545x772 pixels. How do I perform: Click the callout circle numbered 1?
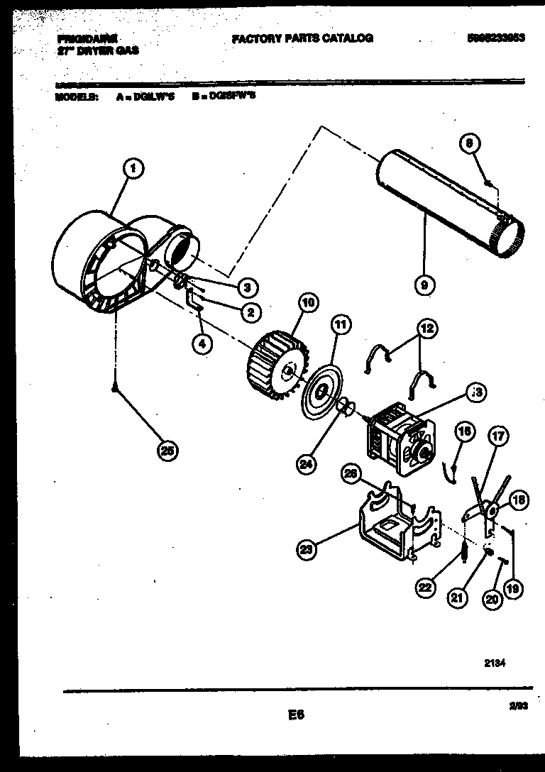click(133, 168)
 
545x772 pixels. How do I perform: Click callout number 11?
click(341, 326)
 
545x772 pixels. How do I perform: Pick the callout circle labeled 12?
click(426, 329)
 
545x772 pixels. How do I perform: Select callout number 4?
click(202, 343)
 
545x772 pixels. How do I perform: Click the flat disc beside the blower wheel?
click(323, 390)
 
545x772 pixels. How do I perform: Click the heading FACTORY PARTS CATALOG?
click(302, 38)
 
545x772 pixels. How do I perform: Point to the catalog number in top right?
click(496, 38)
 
